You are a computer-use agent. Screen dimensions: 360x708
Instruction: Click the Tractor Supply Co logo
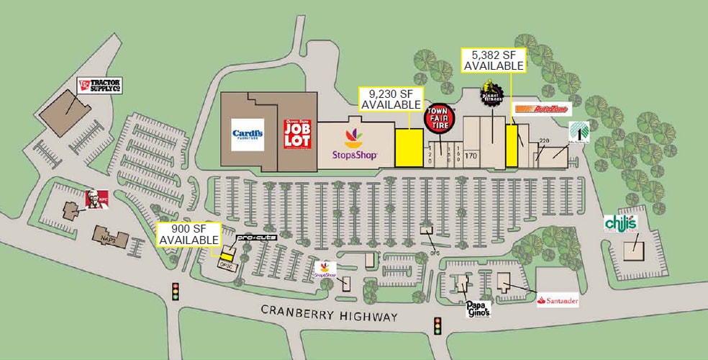(x=99, y=86)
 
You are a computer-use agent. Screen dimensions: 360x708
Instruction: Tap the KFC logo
(x=91, y=197)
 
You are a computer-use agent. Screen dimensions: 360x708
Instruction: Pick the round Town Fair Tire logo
(x=438, y=119)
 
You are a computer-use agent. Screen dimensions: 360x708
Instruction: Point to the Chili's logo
(x=621, y=222)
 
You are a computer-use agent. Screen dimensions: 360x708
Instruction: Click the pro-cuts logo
(x=255, y=236)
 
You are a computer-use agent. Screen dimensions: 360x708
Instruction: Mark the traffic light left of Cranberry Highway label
(x=175, y=292)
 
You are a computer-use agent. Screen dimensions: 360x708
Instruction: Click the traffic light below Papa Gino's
(x=436, y=325)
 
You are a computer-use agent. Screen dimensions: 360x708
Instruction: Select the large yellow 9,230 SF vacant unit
(x=409, y=148)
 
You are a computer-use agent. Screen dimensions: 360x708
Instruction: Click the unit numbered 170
(x=471, y=155)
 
